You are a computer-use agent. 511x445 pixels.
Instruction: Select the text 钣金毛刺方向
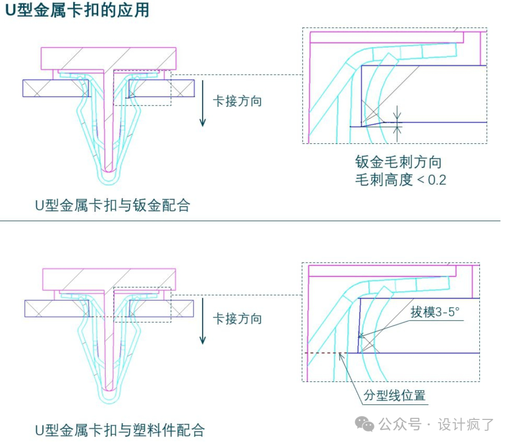tap(399, 162)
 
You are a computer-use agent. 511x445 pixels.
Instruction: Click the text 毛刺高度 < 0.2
tap(401, 180)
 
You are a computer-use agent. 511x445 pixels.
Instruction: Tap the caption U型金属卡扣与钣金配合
tap(113, 205)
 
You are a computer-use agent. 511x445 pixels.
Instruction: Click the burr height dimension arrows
tap(398, 122)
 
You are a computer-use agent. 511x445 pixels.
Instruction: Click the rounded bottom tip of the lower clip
tap(109, 395)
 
